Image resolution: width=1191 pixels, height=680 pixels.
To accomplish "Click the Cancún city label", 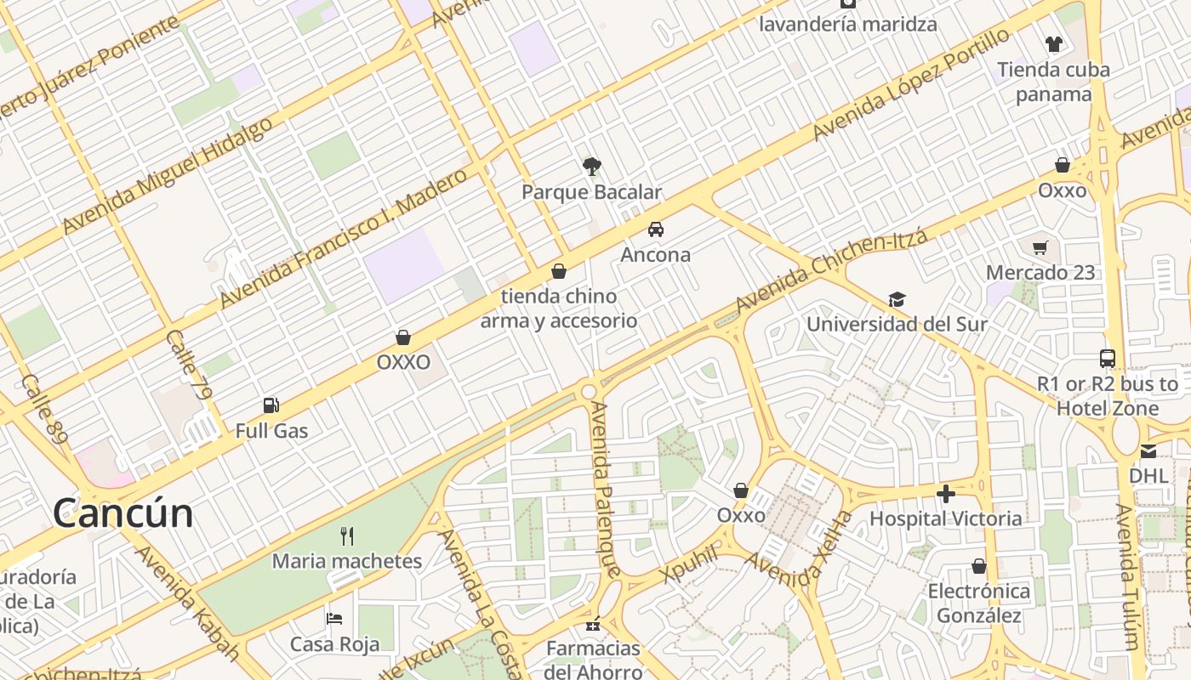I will click(123, 513).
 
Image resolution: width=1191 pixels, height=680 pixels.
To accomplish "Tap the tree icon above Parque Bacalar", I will click(591, 166).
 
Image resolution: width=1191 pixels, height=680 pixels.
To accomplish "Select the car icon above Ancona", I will click(655, 229).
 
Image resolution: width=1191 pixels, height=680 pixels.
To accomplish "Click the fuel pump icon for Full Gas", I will click(271, 405).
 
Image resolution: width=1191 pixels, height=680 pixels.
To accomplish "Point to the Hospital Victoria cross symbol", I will click(945, 493).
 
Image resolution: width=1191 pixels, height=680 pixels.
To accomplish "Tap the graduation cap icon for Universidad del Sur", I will click(897, 299).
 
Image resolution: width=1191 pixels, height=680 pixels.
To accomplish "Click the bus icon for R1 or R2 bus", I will click(1107, 359).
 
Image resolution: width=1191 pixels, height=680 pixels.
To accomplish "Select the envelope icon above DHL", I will click(1148, 451).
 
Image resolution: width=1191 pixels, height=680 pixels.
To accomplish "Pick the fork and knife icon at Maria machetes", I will click(346, 535).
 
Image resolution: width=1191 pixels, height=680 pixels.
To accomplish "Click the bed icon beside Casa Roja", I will click(334, 618).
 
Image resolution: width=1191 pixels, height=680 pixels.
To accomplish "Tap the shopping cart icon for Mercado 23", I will click(1040, 247).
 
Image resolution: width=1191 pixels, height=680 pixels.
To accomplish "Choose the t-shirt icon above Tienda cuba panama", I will click(1053, 44).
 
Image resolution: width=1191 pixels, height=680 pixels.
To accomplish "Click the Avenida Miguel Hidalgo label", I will click(168, 175).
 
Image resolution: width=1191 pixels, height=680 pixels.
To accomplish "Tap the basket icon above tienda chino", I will click(559, 271).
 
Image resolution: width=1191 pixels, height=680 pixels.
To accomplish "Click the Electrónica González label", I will click(978, 603).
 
